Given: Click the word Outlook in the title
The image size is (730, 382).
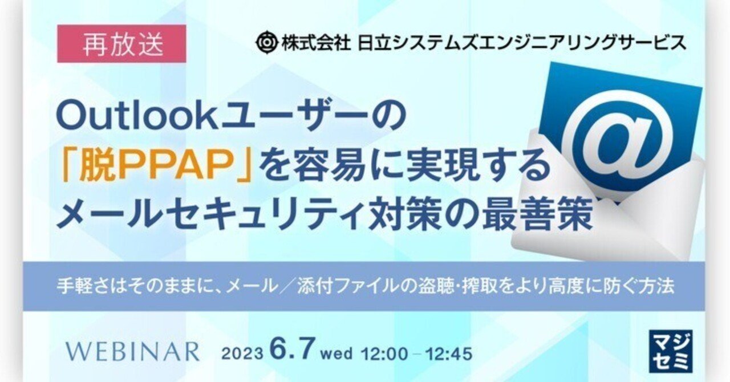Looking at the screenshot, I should (x=137, y=117).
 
